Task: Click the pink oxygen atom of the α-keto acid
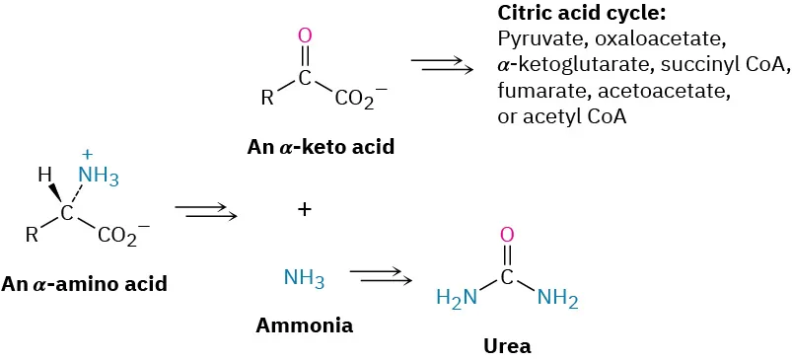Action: tap(305, 36)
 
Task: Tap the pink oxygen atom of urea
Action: tap(507, 235)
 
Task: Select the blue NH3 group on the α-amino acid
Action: tap(98, 178)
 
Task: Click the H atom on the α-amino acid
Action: tap(44, 176)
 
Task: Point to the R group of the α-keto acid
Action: tap(265, 99)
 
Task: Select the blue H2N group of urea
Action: tap(458, 297)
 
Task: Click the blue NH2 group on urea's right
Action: tap(557, 297)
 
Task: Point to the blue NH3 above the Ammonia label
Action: tap(304, 278)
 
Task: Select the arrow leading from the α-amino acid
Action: tap(204, 210)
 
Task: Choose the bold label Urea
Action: tap(507, 346)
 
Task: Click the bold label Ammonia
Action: tap(304, 324)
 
